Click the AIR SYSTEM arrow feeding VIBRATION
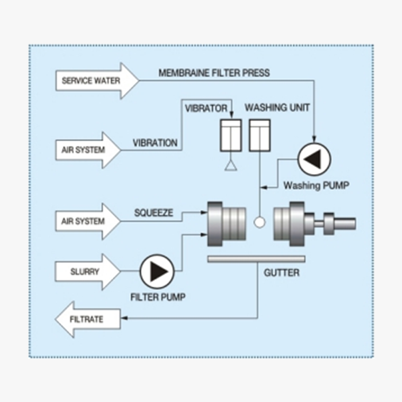pos(86,150)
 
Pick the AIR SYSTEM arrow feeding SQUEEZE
pos(86,221)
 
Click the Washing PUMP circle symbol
pos(315,159)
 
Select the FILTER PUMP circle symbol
pos(157,271)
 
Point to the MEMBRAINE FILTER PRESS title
pos(214,73)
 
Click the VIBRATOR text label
pos(206,107)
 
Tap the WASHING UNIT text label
pos(277,107)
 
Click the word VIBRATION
pos(155,142)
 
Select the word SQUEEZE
pos(153,212)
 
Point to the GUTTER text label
pos(281,273)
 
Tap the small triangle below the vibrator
pos(231,166)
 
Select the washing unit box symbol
pos(260,136)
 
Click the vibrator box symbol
pos(231,136)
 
